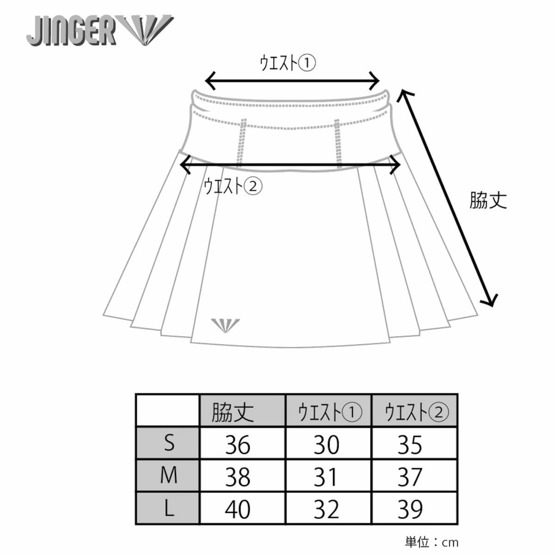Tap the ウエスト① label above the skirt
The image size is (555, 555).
[287, 63]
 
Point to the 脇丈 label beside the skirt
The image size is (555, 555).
[488, 200]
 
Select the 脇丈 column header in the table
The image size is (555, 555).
[233, 411]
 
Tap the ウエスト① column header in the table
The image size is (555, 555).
[329, 411]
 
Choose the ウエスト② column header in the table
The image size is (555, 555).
[415, 411]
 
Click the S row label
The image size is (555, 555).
[169, 444]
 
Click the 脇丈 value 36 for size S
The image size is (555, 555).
[238, 444]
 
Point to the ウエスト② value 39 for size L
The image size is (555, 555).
[410, 510]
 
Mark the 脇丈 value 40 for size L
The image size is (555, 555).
[238, 510]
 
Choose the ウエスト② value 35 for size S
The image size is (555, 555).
[410, 444]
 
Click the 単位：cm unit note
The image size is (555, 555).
[432, 542]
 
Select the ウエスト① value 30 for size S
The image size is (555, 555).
[326, 444]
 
